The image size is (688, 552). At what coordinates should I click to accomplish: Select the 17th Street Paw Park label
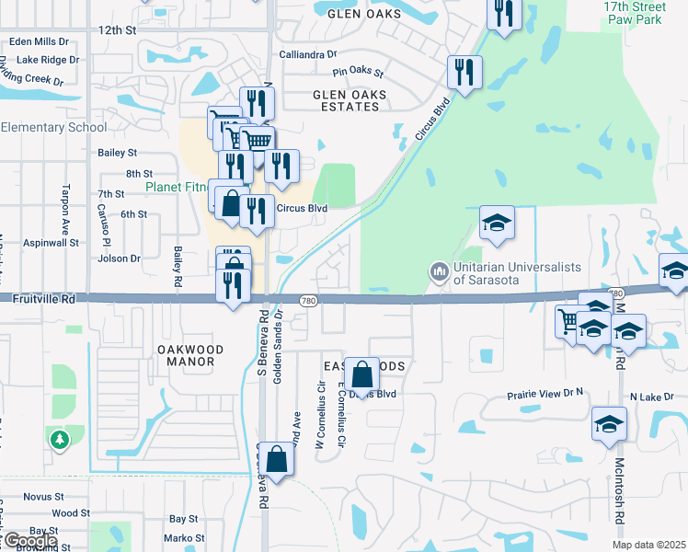click(633, 12)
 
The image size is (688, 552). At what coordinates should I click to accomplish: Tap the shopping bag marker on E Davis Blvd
click(362, 374)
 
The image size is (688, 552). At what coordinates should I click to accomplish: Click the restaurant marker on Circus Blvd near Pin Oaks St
click(465, 73)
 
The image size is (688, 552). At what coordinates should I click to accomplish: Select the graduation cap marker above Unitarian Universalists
click(497, 224)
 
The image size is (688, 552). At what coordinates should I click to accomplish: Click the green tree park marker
click(60, 440)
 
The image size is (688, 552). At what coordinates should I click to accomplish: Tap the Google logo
click(29, 541)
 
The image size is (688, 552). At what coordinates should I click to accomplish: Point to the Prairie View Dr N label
click(546, 396)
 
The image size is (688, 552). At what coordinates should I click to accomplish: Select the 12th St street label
click(118, 30)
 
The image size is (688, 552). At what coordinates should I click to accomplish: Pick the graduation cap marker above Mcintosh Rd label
click(607, 426)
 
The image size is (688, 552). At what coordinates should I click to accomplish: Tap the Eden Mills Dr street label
click(39, 41)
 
